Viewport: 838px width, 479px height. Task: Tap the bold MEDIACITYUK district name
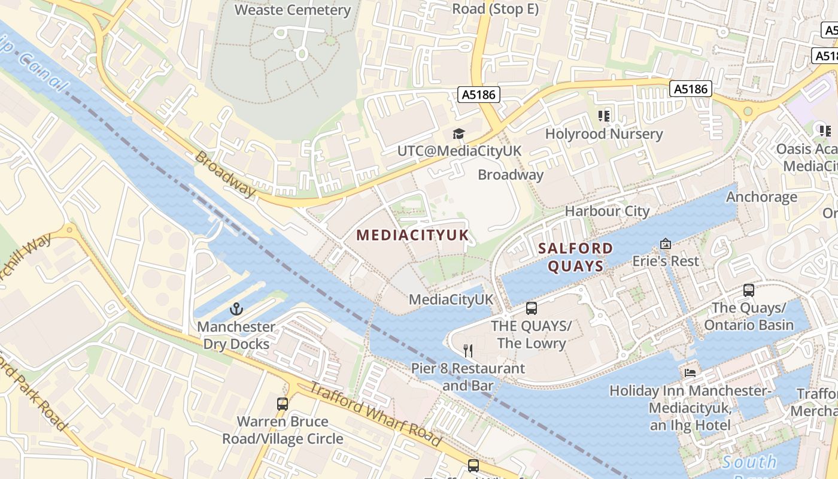(x=412, y=235)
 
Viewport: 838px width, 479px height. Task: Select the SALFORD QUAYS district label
(x=575, y=257)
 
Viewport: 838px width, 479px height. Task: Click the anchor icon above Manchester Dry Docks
(x=236, y=310)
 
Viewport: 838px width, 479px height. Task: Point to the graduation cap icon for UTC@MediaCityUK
(x=459, y=134)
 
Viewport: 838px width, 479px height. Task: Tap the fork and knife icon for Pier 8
(x=468, y=351)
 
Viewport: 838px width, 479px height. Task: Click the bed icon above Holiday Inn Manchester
(x=690, y=373)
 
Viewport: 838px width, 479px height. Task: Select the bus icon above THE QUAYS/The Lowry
(x=531, y=308)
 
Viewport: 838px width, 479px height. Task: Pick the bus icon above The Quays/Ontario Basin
(x=748, y=290)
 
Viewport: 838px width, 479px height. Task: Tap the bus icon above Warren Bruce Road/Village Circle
(x=283, y=404)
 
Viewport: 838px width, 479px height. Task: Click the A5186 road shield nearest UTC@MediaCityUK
(x=479, y=94)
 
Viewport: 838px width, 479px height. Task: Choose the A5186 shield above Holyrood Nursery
(x=690, y=89)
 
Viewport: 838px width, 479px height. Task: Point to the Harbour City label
(x=607, y=211)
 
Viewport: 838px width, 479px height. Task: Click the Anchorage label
(x=761, y=197)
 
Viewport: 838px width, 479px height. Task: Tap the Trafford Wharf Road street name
(x=375, y=414)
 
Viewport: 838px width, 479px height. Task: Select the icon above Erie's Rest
(x=665, y=244)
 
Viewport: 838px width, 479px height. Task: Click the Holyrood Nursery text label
(x=603, y=134)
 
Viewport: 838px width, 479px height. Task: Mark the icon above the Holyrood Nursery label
(x=603, y=116)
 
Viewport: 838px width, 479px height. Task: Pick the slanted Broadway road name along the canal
(x=225, y=174)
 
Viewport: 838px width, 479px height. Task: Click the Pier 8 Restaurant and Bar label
(x=468, y=377)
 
